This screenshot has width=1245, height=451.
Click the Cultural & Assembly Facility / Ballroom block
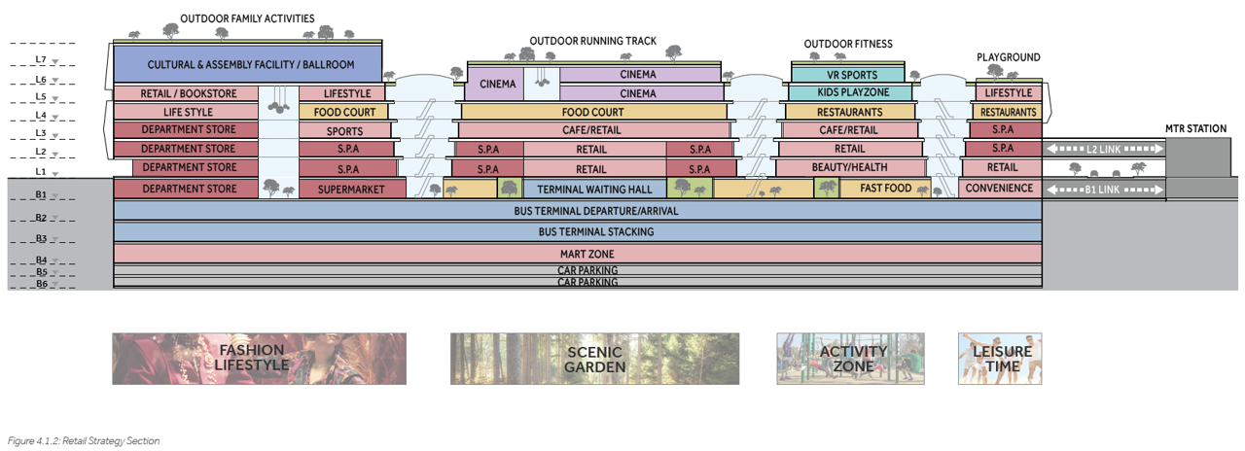pos(247,65)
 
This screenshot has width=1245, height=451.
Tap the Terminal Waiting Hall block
pos(592,189)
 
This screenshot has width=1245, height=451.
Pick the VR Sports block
pos(851,75)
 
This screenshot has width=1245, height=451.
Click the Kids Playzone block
pos(851,93)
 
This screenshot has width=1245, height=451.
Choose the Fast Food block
pos(885,189)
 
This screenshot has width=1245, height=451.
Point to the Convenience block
pos(1001,188)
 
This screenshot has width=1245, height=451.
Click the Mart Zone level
pos(578,254)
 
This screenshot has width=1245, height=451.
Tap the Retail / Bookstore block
pos(186,94)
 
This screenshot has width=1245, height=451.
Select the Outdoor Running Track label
pos(592,42)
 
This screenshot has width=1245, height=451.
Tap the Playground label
pos(1008,57)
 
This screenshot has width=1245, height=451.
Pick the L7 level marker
pos(41,61)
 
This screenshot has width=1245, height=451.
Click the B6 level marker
pos(41,284)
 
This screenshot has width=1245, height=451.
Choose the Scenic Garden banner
pos(594,359)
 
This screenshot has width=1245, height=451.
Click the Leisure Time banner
pos(1000,359)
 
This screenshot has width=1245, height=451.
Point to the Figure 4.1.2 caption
pos(84,441)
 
